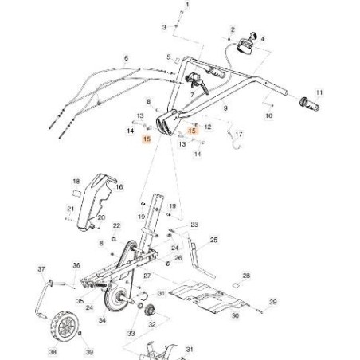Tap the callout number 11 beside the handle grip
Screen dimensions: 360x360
coord(320,92)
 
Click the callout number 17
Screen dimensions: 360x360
coord(239,135)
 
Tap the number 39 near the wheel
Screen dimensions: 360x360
coord(88,351)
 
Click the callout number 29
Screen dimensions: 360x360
coord(272,302)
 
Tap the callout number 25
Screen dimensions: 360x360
coord(213,239)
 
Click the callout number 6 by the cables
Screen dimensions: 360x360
coord(126,58)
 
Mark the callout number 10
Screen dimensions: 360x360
coord(268,116)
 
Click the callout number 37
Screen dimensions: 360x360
coord(41,270)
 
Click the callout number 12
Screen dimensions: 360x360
coord(208,126)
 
